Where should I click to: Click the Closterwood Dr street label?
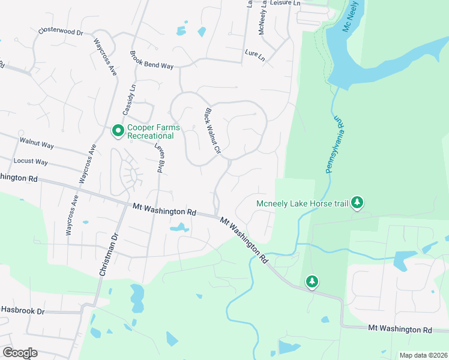[x=60, y=31]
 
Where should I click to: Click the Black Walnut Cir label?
[x=214, y=130]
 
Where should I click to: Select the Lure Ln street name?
[x=255, y=54]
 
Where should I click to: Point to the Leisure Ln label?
[x=285, y=3]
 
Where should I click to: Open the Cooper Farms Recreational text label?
[x=150, y=131]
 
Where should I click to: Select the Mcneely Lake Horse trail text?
[x=303, y=203]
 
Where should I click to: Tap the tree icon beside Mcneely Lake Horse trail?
[x=358, y=202]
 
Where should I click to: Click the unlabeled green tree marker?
[x=312, y=281]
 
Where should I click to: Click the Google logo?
[x=20, y=353]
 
